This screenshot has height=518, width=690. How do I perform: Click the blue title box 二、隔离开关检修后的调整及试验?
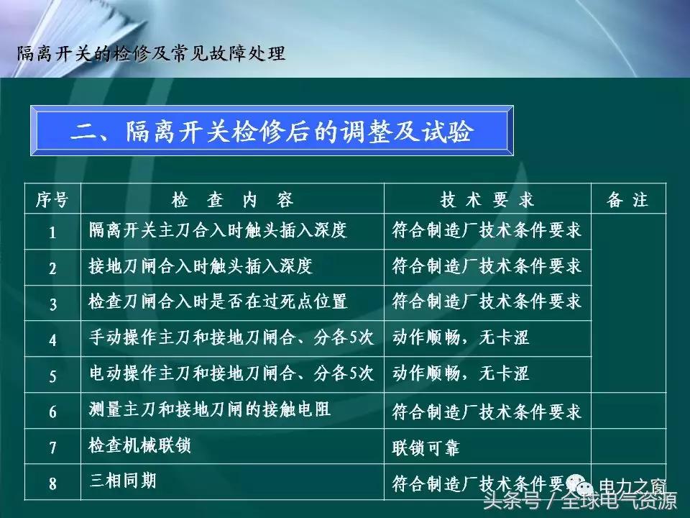click(x=271, y=132)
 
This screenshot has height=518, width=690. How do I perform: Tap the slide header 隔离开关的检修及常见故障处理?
click(x=151, y=53)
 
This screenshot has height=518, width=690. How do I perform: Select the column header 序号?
click(x=52, y=200)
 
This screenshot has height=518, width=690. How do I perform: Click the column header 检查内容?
click(x=232, y=200)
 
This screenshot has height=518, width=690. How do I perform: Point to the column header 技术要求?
click(x=487, y=200)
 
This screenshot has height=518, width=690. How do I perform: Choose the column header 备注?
click(x=627, y=200)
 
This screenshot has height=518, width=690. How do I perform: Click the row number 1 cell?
click(x=52, y=232)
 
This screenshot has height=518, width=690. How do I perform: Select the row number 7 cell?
click(x=52, y=447)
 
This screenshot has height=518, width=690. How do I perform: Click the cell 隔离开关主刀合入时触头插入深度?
click(x=218, y=231)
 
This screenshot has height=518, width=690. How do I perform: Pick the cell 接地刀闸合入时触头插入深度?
click(x=201, y=267)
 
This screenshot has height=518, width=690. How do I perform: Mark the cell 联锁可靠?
click(x=425, y=448)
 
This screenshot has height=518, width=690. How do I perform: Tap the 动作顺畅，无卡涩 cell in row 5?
click(x=460, y=374)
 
